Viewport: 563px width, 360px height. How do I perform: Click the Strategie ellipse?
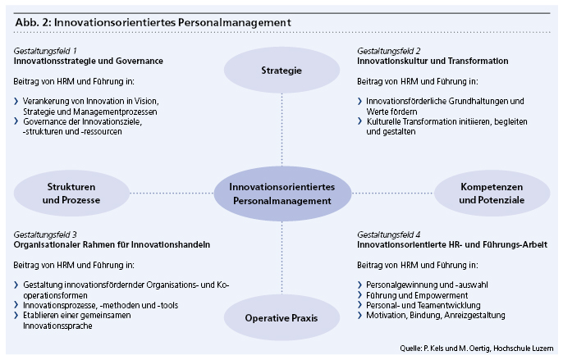(x=281, y=70)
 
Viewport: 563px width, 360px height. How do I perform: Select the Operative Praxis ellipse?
(x=281, y=317)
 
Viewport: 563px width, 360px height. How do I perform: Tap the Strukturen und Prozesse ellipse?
(x=71, y=193)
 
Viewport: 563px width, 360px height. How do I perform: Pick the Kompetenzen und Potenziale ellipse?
(x=492, y=193)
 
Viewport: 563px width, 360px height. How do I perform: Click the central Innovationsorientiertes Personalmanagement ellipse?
(x=282, y=194)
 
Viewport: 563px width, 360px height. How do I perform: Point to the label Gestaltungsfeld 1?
(x=45, y=51)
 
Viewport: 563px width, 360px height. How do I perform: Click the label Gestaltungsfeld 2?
(x=389, y=51)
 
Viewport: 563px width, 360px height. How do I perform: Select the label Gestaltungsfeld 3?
(x=45, y=235)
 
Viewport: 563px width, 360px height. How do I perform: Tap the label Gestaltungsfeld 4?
(x=389, y=235)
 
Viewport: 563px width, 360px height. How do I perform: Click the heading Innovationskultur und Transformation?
(x=433, y=61)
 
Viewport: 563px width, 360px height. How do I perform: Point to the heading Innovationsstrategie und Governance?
(x=89, y=61)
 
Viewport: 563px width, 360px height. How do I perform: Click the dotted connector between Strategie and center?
(x=281, y=130)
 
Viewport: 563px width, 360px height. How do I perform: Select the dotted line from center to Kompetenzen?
(x=392, y=193)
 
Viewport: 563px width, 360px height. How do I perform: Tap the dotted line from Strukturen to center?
(x=172, y=193)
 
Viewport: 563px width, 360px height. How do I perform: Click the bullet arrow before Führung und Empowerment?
(x=359, y=295)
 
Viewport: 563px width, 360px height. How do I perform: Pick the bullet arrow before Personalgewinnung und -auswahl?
(x=359, y=285)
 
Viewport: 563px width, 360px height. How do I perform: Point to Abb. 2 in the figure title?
(x=33, y=23)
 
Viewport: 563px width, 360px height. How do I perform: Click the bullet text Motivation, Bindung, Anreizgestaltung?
(x=436, y=316)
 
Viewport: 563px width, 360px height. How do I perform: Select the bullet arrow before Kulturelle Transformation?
(x=359, y=121)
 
